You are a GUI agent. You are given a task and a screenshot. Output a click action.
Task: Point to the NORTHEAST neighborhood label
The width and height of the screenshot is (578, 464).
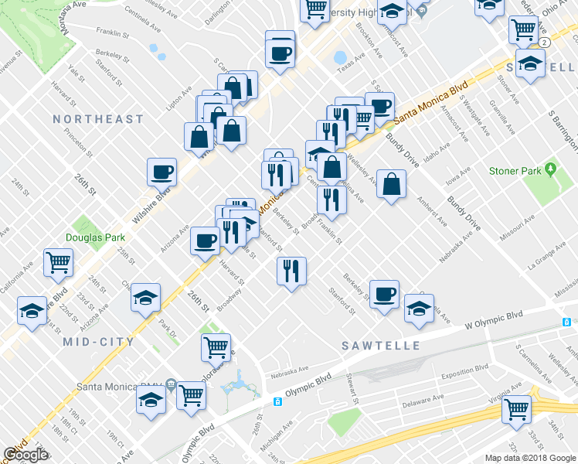[98, 119]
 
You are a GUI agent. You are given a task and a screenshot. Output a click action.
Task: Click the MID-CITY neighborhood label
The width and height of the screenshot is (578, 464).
[98, 341]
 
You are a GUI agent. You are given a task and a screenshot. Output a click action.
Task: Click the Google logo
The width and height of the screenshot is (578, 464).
[25, 455]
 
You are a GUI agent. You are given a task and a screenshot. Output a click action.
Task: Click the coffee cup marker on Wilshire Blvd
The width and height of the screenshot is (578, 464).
[162, 172]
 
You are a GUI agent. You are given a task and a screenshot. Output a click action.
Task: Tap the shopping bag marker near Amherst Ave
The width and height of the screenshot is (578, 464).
[392, 183]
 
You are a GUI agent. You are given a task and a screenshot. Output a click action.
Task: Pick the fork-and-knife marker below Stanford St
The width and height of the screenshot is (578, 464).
[291, 271]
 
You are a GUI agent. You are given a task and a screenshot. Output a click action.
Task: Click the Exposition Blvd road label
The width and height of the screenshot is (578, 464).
[457, 373]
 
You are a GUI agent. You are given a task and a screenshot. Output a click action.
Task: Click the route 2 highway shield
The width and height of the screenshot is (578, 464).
[546, 41]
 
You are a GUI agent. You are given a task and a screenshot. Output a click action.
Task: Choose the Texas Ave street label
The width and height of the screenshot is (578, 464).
[355, 61]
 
